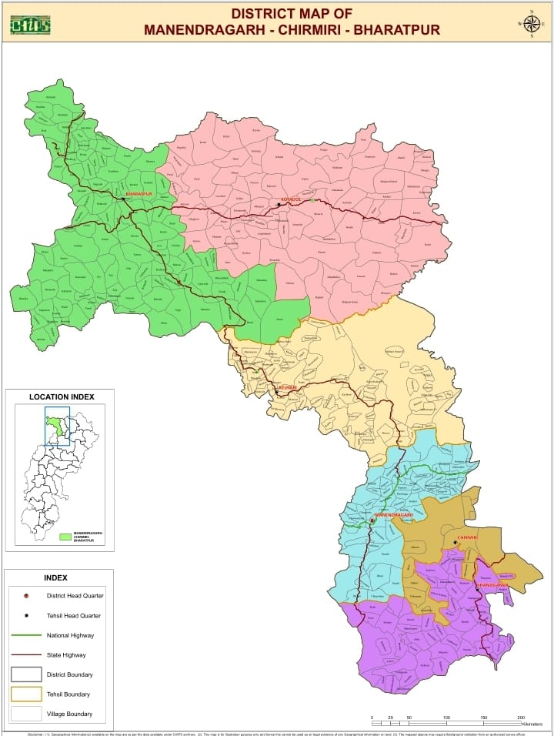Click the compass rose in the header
tap(531, 23)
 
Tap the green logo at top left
tap(30, 25)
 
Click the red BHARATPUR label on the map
tap(139, 194)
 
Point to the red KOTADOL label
tap(290, 199)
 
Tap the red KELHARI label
tap(286, 386)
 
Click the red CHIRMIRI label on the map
tap(468, 537)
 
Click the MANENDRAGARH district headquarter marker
tap(372, 520)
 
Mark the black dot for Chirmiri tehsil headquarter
tap(455, 542)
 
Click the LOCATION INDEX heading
tap(62, 397)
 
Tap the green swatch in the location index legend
tap(65, 537)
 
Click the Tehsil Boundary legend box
tap(26, 694)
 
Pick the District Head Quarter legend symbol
tap(26, 596)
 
